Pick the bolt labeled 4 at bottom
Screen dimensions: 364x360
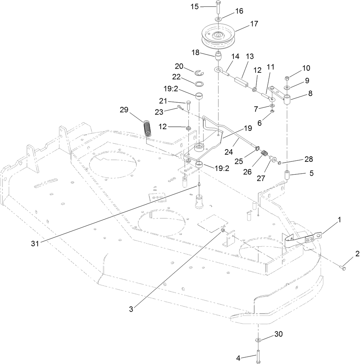(259, 356)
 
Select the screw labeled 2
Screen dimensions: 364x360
(343, 268)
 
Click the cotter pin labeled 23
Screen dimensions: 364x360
(181, 109)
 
